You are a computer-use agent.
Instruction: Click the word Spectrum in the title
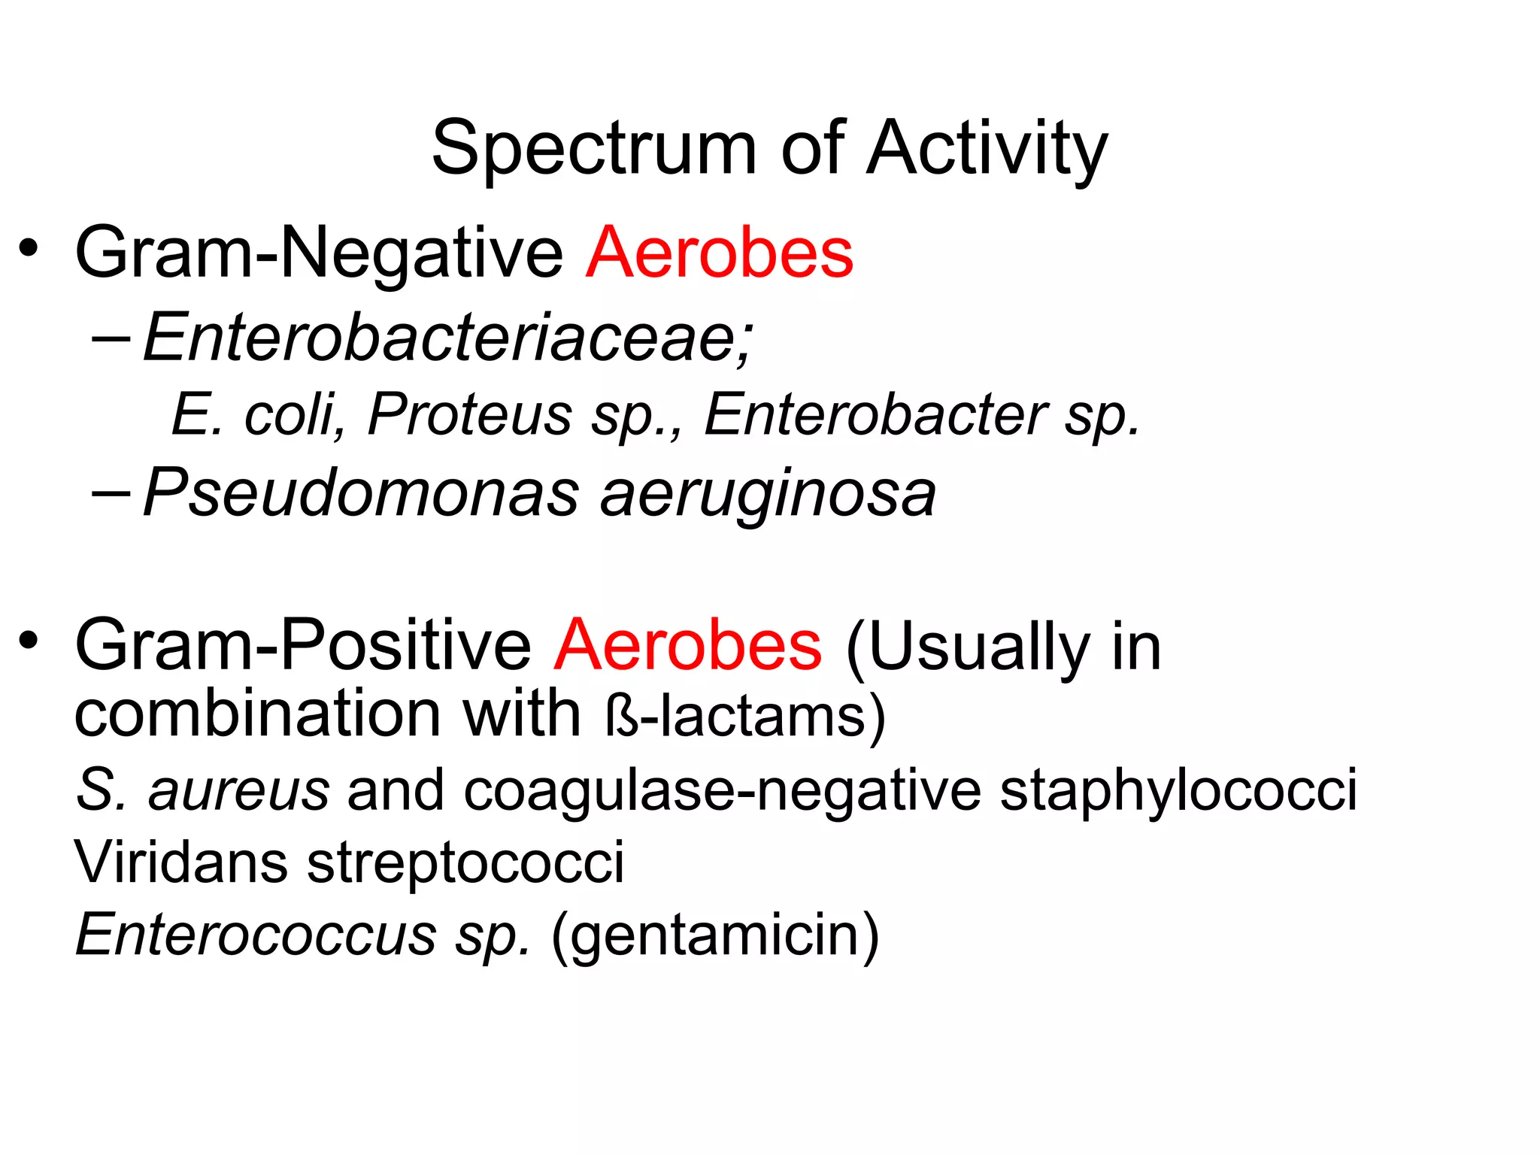[x=593, y=150]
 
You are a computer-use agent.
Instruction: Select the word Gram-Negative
[x=319, y=254]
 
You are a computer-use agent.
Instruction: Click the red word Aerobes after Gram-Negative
[x=720, y=253]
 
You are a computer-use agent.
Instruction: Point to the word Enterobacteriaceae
[x=447, y=338]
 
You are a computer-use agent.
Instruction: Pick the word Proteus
[x=470, y=415]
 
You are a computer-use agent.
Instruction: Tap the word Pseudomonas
[x=361, y=494]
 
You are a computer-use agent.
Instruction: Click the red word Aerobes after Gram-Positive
[x=688, y=645]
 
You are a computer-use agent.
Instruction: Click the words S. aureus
[x=203, y=790]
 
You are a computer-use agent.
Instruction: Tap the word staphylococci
[x=1178, y=792]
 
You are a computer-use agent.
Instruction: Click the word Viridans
[x=181, y=862]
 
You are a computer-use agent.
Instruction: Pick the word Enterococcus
[x=256, y=935]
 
